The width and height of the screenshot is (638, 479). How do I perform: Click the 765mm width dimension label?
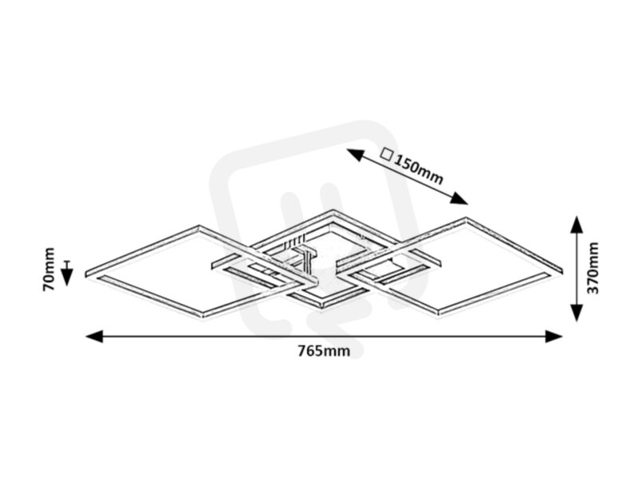tap(324, 350)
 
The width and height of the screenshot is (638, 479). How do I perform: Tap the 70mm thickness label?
tap(49, 269)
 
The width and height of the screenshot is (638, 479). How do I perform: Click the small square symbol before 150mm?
tap(386, 154)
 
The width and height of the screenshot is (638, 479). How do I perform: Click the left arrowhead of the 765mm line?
tap(94, 336)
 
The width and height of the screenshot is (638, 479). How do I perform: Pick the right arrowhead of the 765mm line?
tap(554, 336)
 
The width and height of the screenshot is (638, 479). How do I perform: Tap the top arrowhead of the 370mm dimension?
tap(576, 224)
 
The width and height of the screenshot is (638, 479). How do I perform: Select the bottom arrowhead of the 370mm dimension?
tap(576, 313)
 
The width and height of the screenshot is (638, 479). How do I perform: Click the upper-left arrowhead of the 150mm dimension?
tap(355, 155)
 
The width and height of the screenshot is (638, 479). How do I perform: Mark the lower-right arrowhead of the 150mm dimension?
tap(460, 198)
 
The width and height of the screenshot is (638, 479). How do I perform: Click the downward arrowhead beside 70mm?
tap(67, 277)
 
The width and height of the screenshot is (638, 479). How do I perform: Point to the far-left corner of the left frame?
tap(86, 274)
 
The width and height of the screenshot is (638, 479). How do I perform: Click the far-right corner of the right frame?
tap(562, 270)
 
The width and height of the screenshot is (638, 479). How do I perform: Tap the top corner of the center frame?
tap(333, 211)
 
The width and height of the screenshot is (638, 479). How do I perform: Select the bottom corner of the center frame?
tap(324, 307)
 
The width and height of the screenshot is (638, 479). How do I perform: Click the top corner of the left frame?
tap(199, 226)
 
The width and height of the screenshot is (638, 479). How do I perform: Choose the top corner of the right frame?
tap(466, 218)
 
